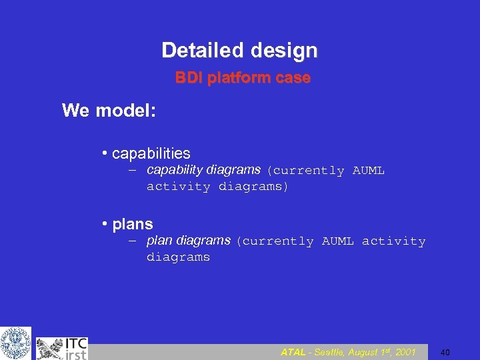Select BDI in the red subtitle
click(189, 78)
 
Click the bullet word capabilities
click(151, 153)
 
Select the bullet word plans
click(133, 224)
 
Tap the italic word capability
click(175, 169)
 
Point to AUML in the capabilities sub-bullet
click(368, 171)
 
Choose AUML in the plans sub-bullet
click(337, 241)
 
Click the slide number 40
click(445, 352)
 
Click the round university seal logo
click(15, 343)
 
